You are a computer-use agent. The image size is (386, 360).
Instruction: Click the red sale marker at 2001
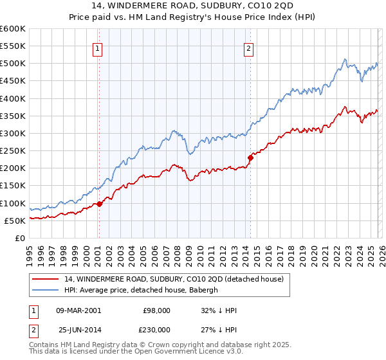99,204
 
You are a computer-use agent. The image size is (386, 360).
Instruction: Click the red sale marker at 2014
250,157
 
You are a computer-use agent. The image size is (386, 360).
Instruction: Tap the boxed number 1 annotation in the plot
97,48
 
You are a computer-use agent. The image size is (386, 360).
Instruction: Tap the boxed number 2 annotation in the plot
248,48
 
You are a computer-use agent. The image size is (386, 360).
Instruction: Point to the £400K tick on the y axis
13,98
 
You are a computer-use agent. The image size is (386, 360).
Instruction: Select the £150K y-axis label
13,185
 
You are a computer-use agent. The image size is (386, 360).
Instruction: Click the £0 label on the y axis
19,238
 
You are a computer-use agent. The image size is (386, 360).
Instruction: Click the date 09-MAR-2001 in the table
79,310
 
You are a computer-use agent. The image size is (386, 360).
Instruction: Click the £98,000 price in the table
157,310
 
